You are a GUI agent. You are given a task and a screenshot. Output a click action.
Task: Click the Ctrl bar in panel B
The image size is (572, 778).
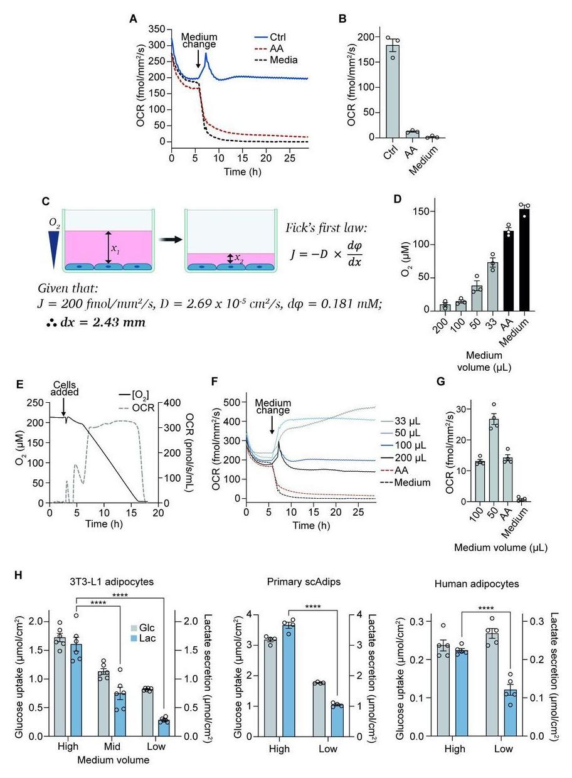(x=393, y=92)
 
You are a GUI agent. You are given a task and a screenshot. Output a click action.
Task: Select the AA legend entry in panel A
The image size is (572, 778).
(x=272, y=47)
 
